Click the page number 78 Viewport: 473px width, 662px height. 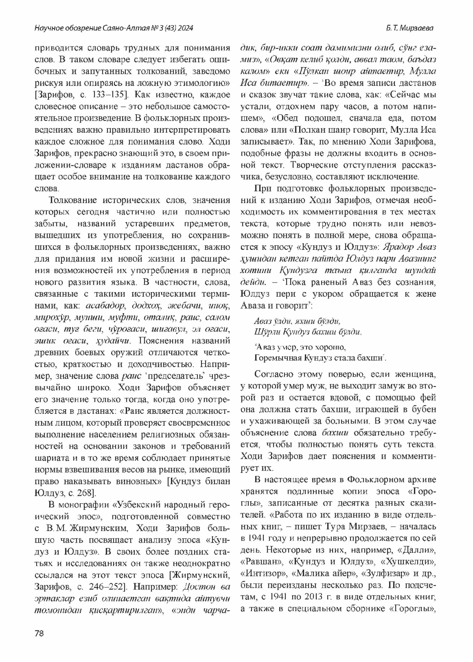(39, 633)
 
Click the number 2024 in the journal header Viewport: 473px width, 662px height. (184, 28)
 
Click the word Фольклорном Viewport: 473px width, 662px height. (373, 480)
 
